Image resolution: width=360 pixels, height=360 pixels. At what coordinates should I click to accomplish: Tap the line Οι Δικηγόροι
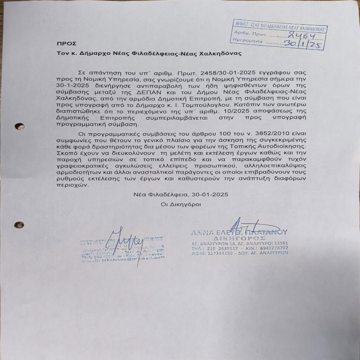(x=181, y=204)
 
